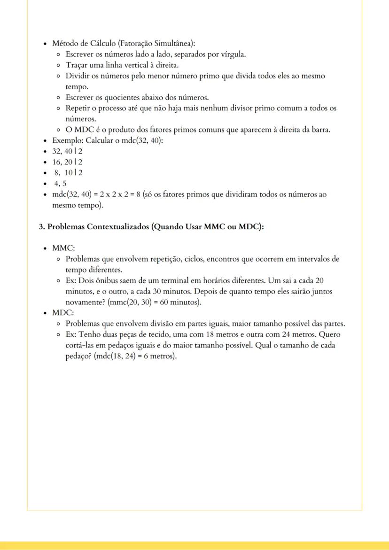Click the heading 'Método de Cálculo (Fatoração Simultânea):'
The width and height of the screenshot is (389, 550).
pyautogui.click(x=123, y=44)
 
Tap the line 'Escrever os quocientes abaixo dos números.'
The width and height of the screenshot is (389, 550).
pyautogui.click(x=137, y=97)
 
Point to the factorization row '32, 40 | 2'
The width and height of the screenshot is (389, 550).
pyautogui.click(x=67, y=151)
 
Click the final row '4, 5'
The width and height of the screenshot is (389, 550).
pyautogui.click(x=60, y=184)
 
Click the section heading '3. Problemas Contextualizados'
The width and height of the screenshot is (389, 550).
pyautogui.click(x=151, y=227)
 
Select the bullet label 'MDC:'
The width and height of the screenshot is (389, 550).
pyautogui.click(x=63, y=313)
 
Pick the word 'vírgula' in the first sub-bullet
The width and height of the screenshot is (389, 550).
pyautogui.click(x=233, y=54)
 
